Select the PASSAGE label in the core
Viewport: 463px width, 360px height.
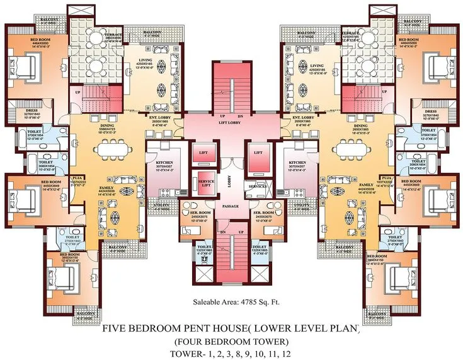[x=231, y=206]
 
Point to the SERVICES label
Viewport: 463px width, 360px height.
[x=257, y=187]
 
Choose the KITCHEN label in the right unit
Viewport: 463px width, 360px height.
[x=297, y=162]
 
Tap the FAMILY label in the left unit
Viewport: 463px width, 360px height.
[x=106, y=188]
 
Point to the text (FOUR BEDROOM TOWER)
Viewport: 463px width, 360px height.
[x=231, y=342]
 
